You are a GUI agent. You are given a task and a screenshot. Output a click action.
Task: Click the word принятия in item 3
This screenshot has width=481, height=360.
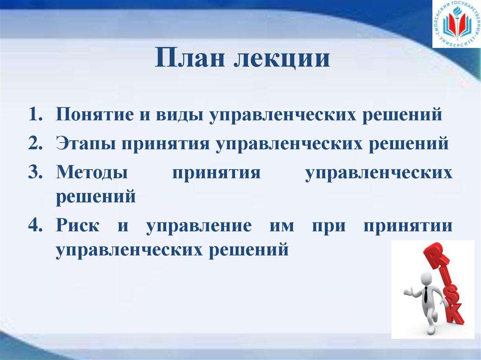click(216, 172)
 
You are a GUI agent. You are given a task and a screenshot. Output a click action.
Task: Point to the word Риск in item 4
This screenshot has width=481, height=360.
click(78, 225)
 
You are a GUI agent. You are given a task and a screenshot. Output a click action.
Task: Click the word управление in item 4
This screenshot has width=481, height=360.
click(198, 226)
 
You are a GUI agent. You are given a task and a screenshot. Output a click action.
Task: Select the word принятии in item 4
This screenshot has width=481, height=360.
click(408, 226)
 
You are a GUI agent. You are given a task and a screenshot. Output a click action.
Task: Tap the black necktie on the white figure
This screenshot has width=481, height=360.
click(425, 295)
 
